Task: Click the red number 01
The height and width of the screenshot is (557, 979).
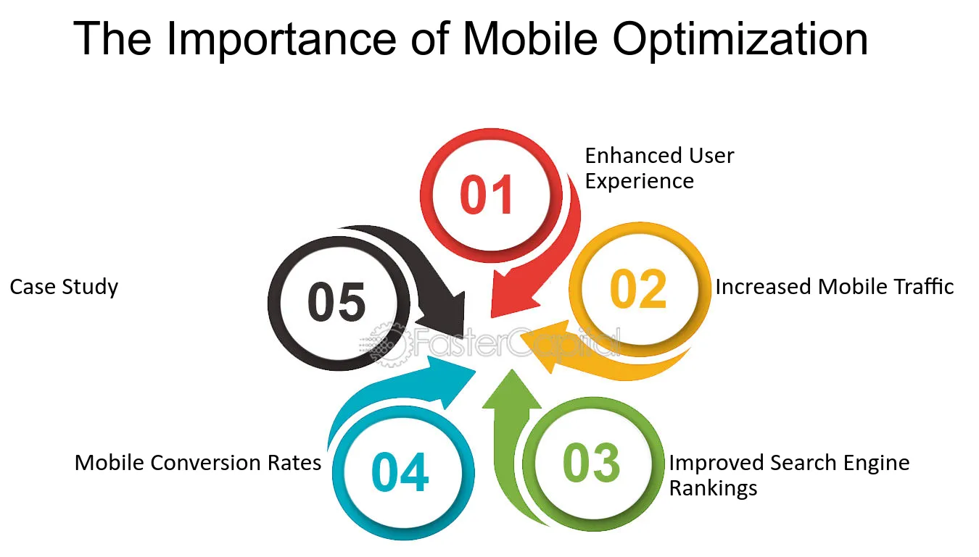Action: (487, 194)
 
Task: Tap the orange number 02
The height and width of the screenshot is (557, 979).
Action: (638, 288)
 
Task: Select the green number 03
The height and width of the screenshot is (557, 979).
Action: (591, 462)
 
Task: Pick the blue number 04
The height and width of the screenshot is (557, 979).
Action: (400, 472)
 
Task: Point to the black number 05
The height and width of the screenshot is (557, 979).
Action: (336, 301)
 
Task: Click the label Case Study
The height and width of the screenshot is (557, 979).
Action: (64, 288)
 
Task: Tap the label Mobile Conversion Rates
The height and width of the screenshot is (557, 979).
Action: (197, 463)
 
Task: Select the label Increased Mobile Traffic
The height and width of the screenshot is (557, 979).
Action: (835, 287)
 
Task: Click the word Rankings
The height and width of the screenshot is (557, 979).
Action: (714, 488)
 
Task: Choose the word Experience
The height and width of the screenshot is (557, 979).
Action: (640, 181)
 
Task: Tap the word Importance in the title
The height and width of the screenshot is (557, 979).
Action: (281, 40)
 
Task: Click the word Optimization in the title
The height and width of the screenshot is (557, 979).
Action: (740, 40)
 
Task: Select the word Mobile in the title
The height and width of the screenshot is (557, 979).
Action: (529, 38)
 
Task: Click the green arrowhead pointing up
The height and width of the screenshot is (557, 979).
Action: (511, 390)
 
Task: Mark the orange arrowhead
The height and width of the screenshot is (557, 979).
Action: (543, 345)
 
